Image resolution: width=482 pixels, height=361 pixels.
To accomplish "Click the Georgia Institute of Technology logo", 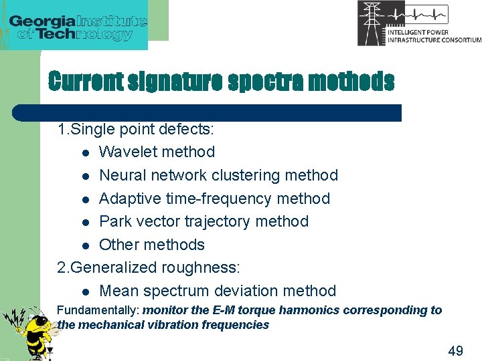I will coord(78,27).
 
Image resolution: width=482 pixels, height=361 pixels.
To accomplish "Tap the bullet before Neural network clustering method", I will coord(86,176).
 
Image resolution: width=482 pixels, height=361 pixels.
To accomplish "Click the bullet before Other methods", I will coord(86,245).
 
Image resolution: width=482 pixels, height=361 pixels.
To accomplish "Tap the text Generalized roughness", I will coord(154,267).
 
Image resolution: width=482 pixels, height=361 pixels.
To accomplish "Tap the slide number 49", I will coord(455,351).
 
